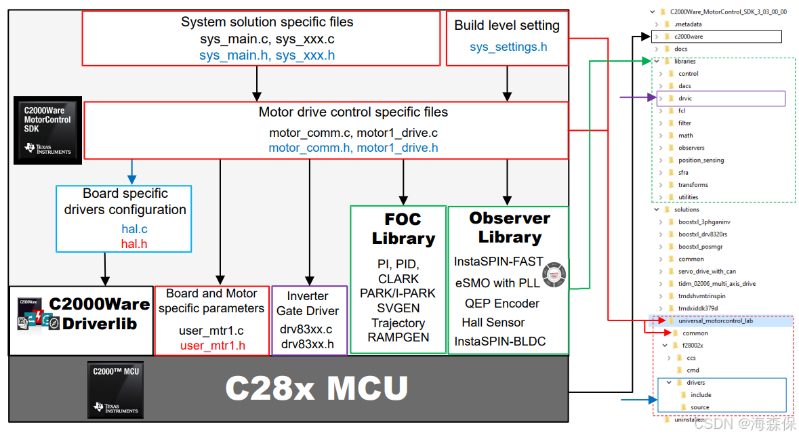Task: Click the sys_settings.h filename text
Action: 508,47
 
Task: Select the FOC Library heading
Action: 403,229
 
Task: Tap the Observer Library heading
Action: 509,228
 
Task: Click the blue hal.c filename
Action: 134,229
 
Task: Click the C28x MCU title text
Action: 316,389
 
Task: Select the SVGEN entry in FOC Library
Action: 398,308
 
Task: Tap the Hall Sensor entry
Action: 493,322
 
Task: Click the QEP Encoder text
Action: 501,304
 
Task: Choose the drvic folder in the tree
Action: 685,99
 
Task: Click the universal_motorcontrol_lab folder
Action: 715,321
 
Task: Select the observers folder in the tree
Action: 691,148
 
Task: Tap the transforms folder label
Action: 693,185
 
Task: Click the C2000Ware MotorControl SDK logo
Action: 47,129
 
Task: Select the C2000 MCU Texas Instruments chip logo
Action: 115,390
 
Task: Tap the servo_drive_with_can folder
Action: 707,272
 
